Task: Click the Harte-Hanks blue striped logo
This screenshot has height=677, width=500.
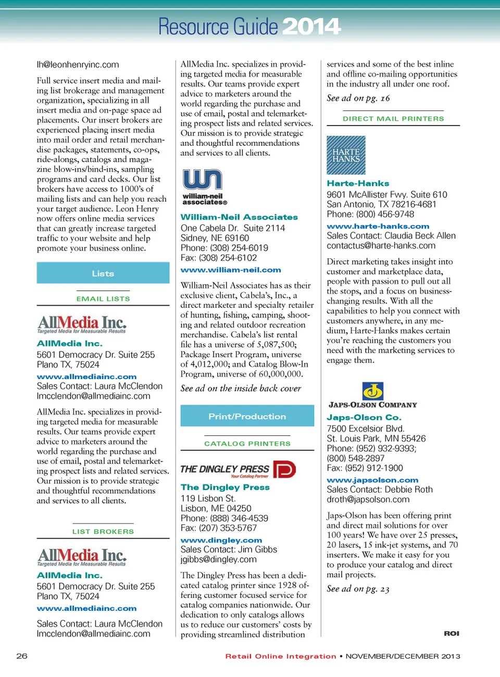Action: pos(346,155)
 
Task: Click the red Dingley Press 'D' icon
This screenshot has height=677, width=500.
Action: pos(284,469)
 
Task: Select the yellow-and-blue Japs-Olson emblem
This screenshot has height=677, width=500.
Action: pos(372,391)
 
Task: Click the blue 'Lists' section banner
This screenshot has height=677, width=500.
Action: pos(103,273)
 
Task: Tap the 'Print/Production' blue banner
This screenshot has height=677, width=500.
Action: pos(247,416)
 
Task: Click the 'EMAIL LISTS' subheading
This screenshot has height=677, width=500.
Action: pos(103,299)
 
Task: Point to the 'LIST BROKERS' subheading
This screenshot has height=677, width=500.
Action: pos(103,532)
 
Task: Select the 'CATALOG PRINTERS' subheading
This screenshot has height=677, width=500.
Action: pos(247,444)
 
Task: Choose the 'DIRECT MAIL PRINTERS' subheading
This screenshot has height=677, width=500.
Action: pos(393,119)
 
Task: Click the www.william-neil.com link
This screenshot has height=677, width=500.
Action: pos(231,270)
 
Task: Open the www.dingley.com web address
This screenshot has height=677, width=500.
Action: pos(221,541)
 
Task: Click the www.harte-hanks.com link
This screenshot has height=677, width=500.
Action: pos(378,226)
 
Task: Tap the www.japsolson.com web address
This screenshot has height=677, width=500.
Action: pos(372,480)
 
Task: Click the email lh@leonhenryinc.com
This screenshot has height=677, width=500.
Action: pos(78,65)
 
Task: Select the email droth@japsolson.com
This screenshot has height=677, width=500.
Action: pos(368,499)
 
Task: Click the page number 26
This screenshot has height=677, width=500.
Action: pos(22,656)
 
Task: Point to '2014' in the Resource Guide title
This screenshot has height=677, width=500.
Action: pos(311,27)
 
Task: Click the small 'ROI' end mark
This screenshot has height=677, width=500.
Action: pos(452,633)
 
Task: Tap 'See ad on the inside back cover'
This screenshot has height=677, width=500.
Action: pos(241,388)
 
